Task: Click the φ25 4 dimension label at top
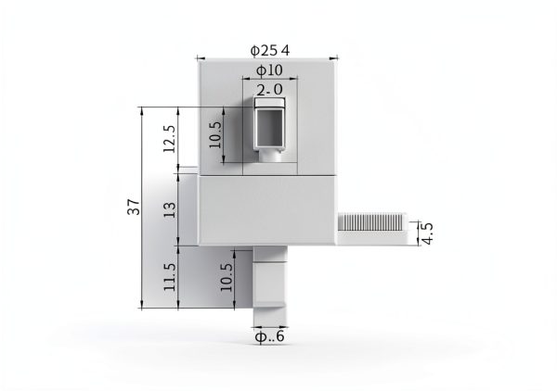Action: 269,50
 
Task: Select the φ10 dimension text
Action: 269,70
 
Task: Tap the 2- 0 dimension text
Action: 269,89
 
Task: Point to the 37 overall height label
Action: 135,208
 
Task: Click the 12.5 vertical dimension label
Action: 168,139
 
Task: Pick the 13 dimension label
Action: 168,210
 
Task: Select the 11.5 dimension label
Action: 168,277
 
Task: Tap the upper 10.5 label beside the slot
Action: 214,135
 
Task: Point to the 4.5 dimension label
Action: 426,232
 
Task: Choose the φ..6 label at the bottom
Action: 269,337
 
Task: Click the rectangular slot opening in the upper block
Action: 270,127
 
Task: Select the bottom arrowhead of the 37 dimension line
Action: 141,306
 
